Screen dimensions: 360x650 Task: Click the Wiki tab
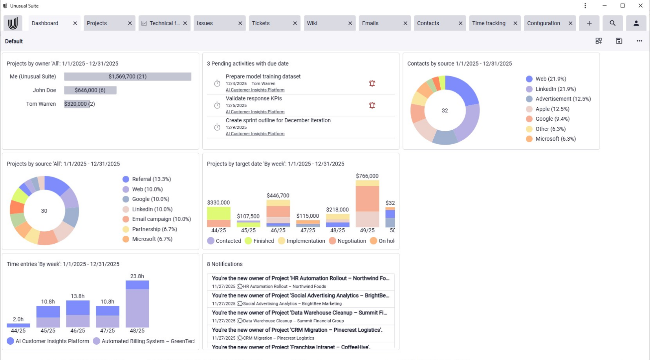pyautogui.click(x=313, y=23)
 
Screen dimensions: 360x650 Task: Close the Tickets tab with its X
pyautogui.click(x=295, y=23)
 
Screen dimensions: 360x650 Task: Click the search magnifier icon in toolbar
pyautogui.click(x=612, y=23)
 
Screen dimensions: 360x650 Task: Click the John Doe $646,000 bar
pyautogui.click(x=90, y=90)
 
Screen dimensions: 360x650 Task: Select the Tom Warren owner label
pyautogui.click(x=41, y=104)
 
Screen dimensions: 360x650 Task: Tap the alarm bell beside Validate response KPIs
pyautogui.click(x=372, y=105)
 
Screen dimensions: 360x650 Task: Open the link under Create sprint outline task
pyautogui.click(x=255, y=134)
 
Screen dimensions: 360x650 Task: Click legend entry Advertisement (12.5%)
pyautogui.click(x=563, y=99)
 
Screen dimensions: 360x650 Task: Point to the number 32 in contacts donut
pyautogui.click(x=445, y=111)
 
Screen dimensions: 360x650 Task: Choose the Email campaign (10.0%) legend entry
pyautogui.click(x=161, y=219)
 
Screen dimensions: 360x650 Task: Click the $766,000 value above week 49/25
pyautogui.click(x=367, y=176)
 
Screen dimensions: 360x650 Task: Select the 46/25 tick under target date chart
pyautogui.click(x=278, y=231)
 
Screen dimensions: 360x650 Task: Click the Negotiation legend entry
pyautogui.click(x=351, y=241)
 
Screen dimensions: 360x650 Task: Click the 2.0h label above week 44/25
pyautogui.click(x=18, y=320)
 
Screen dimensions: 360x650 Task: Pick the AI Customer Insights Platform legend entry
pyautogui.click(x=52, y=341)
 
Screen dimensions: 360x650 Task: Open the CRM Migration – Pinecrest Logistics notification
pyautogui.click(x=297, y=330)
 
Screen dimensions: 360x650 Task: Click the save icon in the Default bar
pyautogui.click(x=619, y=41)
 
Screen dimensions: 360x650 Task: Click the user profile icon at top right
pyautogui.click(x=636, y=23)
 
